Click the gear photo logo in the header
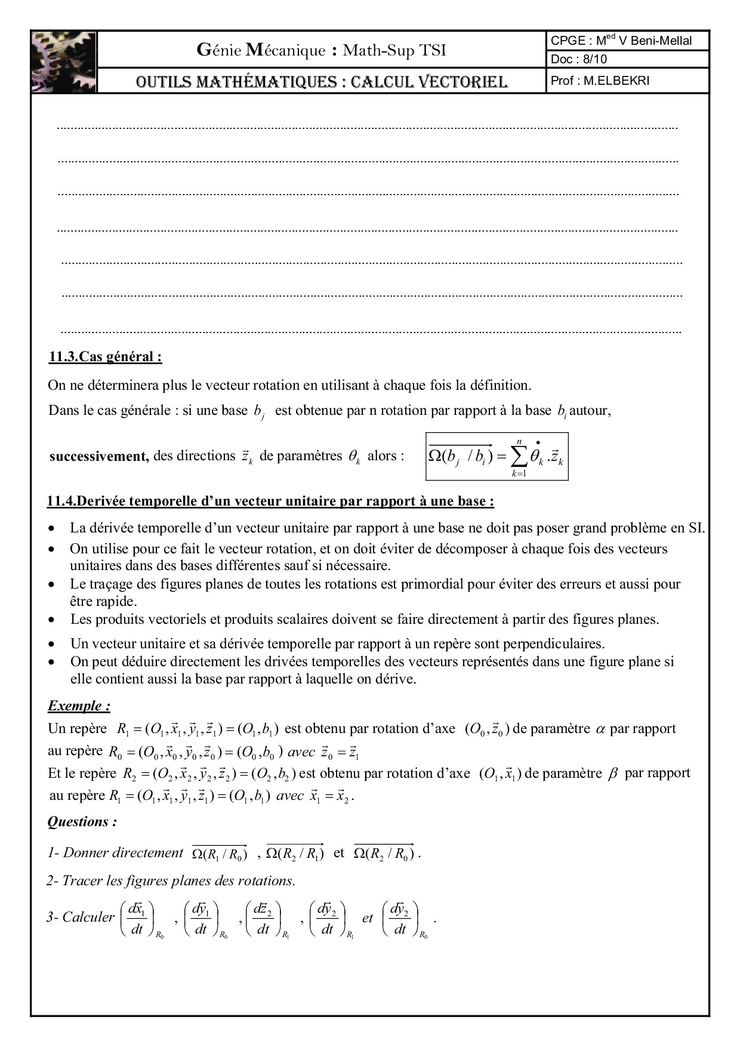click(x=63, y=61)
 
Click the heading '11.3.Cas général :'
click(x=105, y=357)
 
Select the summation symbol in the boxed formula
click(x=519, y=457)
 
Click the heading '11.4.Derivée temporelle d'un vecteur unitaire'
click(x=270, y=501)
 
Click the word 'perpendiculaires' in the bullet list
click(x=555, y=643)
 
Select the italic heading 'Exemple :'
click(x=79, y=706)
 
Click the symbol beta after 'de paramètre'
click(x=612, y=774)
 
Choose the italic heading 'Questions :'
click(x=82, y=822)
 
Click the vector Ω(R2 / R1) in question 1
click(x=295, y=854)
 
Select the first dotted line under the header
click(x=367, y=128)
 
